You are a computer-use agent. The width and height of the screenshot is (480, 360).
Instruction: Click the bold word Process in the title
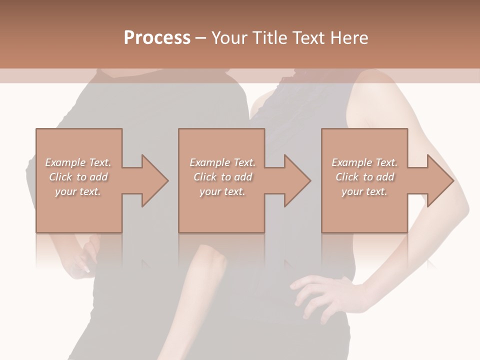(x=157, y=38)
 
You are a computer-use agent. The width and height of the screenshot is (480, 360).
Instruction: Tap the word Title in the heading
(x=267, y=38)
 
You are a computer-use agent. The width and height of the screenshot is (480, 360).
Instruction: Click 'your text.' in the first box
(x=78, y=191)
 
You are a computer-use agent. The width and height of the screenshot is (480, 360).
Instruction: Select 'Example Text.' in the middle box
(x=222, y=162)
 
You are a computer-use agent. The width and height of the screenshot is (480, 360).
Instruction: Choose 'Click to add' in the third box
(x=364, y=177)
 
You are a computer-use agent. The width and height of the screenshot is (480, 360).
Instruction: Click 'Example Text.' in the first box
(x=78, y=162)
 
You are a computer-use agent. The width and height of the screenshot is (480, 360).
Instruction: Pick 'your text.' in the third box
(x=364, y=191)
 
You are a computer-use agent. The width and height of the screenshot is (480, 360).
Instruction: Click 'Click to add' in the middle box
(x=222, y=177)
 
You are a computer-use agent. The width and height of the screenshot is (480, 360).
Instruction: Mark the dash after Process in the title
(x=200, y=38)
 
